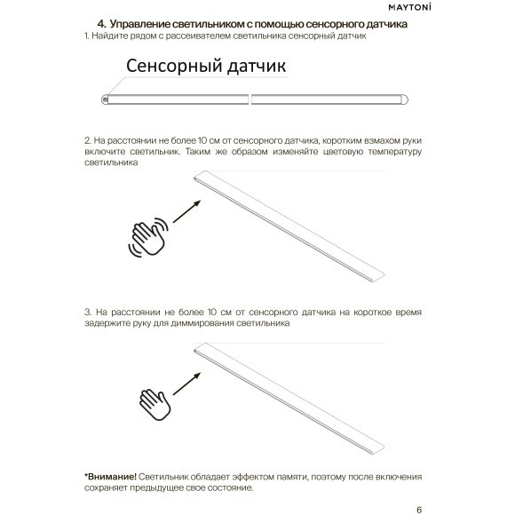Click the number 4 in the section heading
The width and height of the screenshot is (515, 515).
(x=101, y=24)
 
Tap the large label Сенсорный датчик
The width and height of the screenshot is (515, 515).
(x=206, y=67)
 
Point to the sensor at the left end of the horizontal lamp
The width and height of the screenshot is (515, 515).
(x=106, y=99)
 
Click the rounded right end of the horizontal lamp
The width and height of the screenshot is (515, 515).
(x=405, y=99)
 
